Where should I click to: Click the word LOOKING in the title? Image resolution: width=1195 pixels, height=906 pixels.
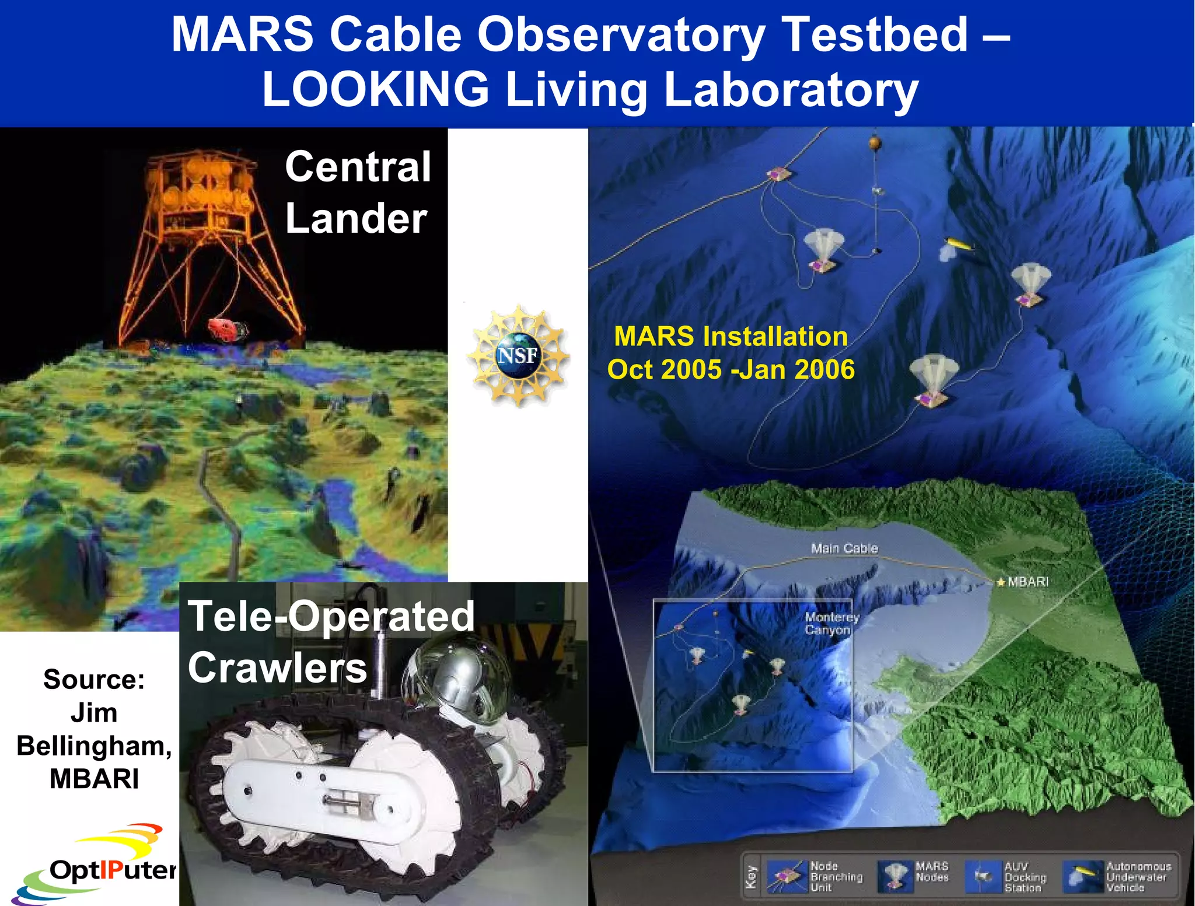375,89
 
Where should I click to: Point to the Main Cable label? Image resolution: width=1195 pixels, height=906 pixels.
844,548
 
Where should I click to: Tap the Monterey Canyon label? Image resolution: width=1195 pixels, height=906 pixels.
830,623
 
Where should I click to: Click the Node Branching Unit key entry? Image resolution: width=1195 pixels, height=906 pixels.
815,877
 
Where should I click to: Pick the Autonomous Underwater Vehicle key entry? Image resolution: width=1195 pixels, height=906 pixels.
1117,877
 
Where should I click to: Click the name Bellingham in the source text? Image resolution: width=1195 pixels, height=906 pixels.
93,746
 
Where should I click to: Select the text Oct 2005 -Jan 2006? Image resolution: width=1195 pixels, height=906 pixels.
731,370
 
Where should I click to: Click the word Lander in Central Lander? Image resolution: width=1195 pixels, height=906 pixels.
356,219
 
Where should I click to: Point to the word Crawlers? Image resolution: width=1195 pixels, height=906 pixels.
277,668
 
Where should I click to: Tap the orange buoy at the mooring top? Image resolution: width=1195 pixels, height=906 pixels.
874,142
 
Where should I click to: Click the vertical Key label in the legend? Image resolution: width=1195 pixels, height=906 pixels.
752,877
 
